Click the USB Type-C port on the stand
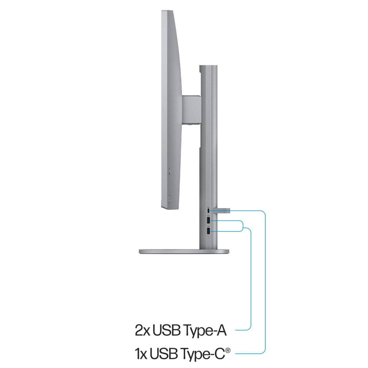[x=208, y=210]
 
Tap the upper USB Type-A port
[x=208, y=221]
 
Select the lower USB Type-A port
[x=208, y=231]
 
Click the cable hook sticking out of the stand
[x=221, y=210]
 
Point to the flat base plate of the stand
[x=184, y=252]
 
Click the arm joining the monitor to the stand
[x=191, y=109]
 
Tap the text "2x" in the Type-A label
[x=142, y=330]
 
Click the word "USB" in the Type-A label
[x=167, y=330]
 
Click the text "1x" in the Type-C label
[x=141, y=354]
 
